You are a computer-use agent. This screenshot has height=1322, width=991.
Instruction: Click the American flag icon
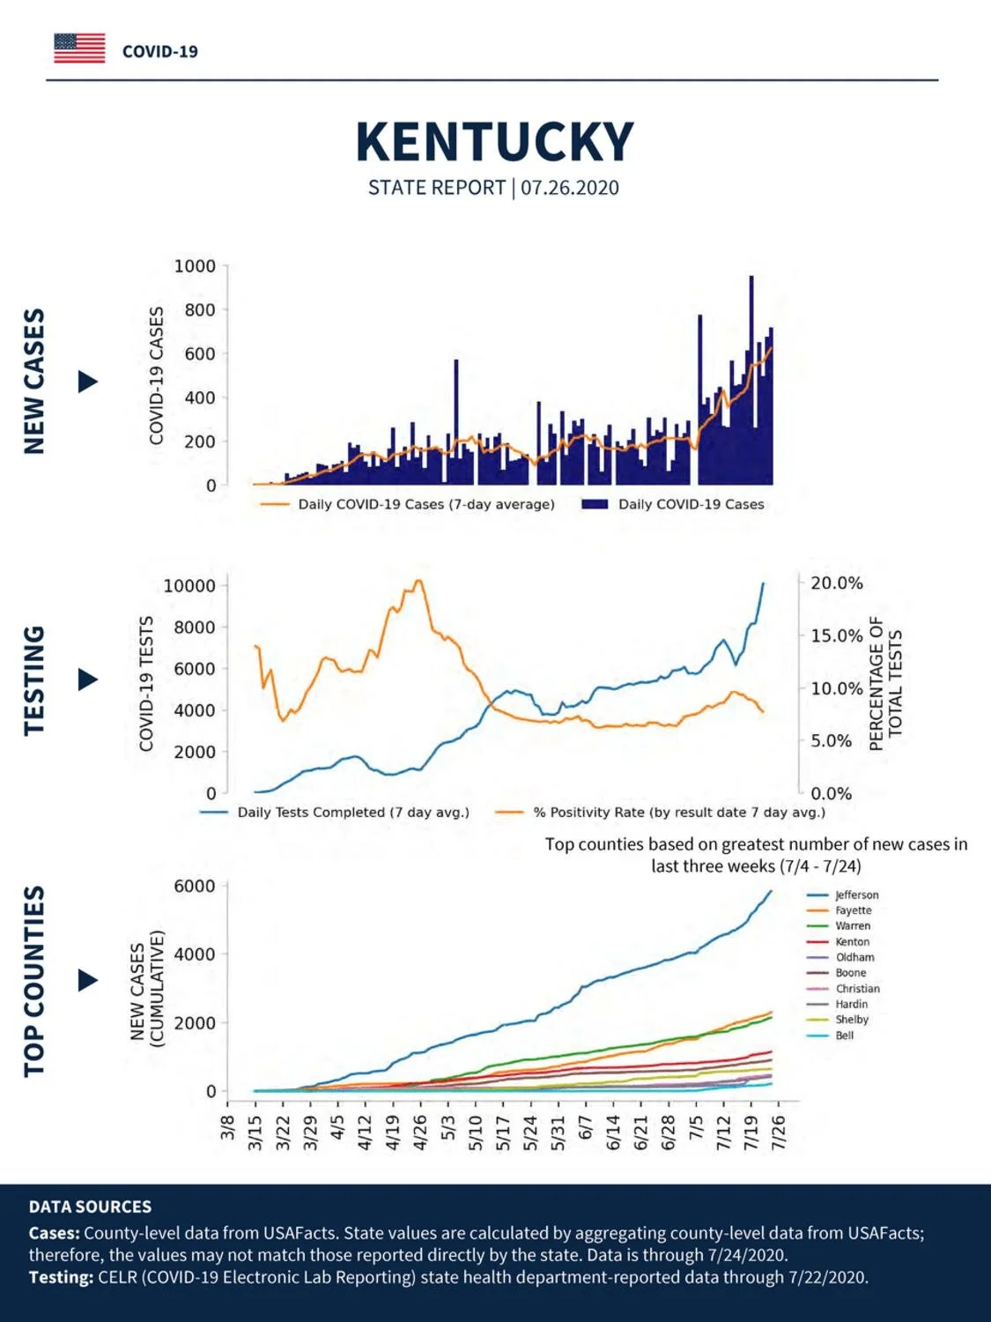click(x=79, y=48)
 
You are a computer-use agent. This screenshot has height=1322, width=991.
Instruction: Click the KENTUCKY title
click(x=494, y=142)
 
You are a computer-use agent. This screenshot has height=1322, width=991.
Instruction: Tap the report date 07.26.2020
click(x=570, y=188)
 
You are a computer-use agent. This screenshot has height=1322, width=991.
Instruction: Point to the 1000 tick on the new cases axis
click(x=195, y=265)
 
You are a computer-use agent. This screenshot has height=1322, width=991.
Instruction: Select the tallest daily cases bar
click(x=751, y=380)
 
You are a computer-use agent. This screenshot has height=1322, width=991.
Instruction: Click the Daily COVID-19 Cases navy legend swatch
click(x=595, y=504)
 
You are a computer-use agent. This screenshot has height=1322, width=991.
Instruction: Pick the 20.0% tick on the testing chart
click(x=836, y=583)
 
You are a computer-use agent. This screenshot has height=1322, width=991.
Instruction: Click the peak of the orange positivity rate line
click(x=419, y=581)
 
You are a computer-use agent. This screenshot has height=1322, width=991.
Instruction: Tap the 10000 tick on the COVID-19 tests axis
click(x=189, y=585)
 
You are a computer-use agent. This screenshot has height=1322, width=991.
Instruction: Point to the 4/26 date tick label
click(x=420, y=1133)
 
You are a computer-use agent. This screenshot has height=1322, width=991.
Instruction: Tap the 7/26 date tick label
click(x=779, y=1133)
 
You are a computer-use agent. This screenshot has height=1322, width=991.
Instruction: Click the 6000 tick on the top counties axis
click(x=195, y=886)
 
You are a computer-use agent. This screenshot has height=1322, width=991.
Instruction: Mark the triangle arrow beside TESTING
click(x=88, y=680)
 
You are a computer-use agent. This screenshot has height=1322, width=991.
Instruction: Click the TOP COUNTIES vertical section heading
click(x=34, y=981)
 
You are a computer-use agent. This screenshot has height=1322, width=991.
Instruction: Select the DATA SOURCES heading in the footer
click(x=90, y=1207)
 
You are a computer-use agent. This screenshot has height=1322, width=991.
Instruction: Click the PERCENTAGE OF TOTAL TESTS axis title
click(x=885, y=683)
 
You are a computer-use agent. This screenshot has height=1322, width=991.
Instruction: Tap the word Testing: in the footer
click(x=61, y=1277)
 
